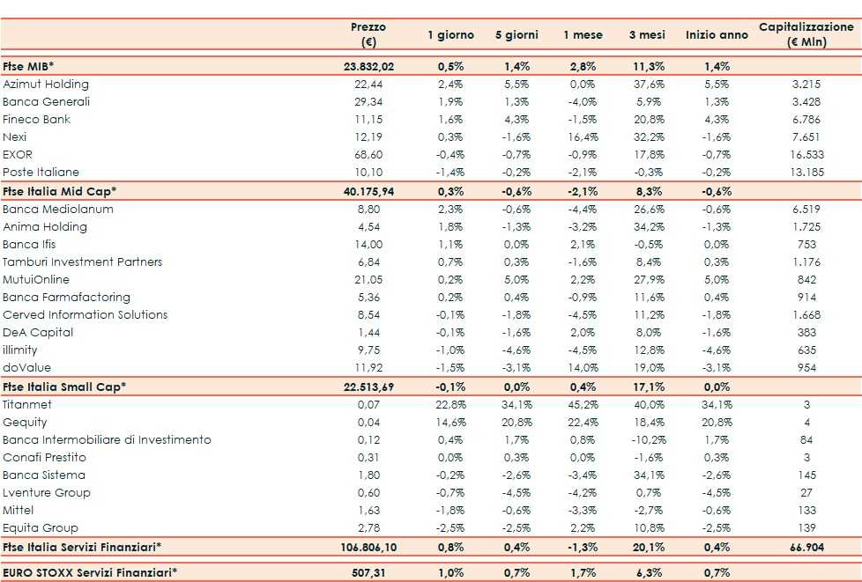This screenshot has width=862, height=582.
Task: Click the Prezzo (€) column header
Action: coord(368,34)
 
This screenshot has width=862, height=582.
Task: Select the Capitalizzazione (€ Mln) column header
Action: coord(806,34)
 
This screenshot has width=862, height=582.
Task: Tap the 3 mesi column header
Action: coord(646,35)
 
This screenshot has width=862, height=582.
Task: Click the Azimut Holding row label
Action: coord(46,85)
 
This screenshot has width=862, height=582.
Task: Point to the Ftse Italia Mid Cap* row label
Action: coord(60,191)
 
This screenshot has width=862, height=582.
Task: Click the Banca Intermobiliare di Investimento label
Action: coord(107,440)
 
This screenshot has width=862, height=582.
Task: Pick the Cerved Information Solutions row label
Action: coord(85,315)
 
